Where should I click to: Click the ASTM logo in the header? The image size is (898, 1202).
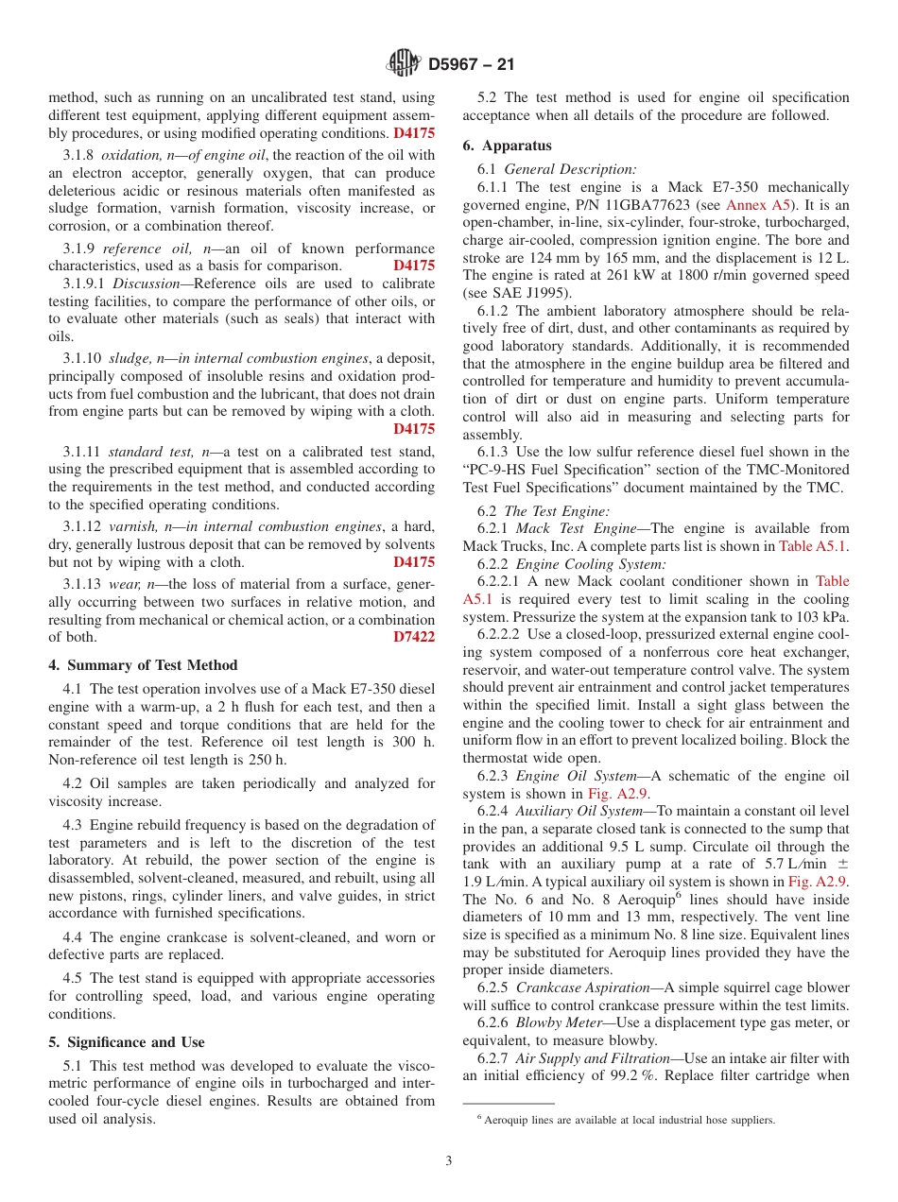coord(405,64)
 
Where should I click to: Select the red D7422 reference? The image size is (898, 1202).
coord(414,637)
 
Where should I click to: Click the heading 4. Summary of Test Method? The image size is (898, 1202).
coord(143,665)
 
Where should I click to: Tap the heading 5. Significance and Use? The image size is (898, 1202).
coord(126,1042)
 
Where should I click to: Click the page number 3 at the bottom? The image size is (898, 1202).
coord(449,1160)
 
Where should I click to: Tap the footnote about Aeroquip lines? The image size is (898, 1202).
coord(624,1120)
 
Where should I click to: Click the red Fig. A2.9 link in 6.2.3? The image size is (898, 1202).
coord(613,794)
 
